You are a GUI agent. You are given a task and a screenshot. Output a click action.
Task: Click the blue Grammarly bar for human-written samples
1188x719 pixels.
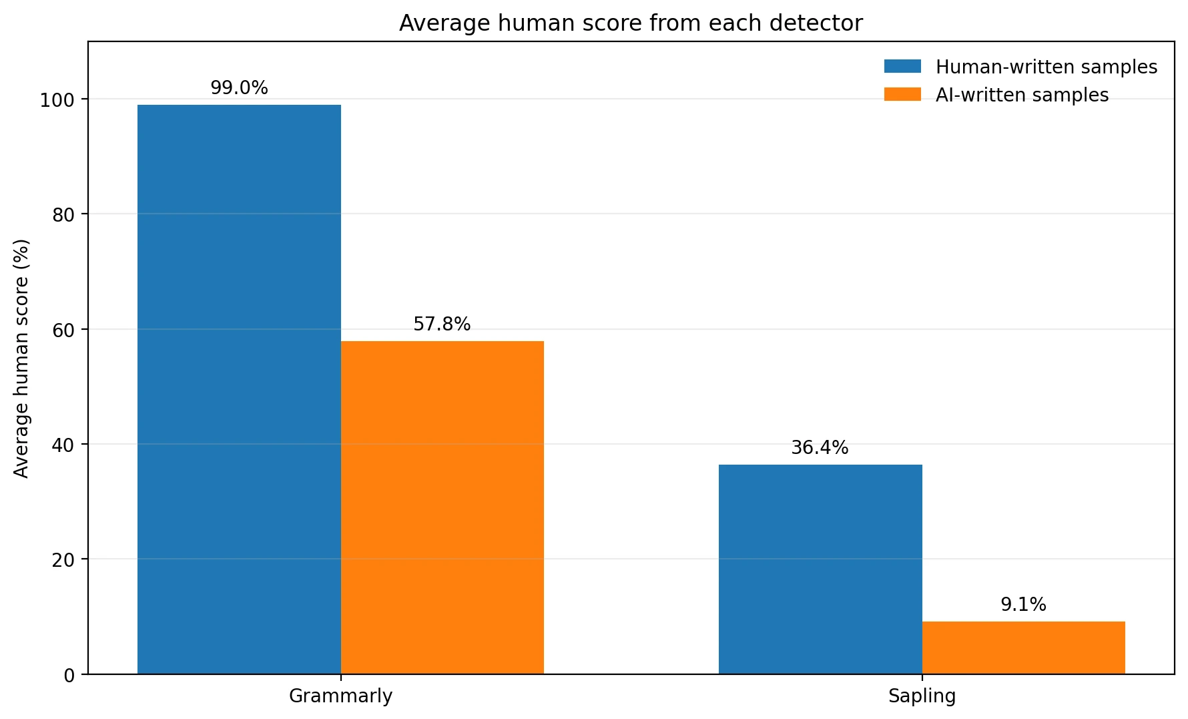pos(239,389)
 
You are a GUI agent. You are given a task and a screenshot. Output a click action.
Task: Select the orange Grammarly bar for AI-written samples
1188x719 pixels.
pos(442,507)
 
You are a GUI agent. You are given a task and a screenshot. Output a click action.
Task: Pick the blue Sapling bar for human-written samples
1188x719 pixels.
pos(820,569)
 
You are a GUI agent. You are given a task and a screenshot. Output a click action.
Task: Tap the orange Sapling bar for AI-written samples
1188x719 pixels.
pos(1023,648)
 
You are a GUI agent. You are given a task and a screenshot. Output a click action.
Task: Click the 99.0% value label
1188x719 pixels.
pos(239,88)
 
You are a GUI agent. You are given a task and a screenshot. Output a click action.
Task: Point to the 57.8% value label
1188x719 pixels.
pos(442,324)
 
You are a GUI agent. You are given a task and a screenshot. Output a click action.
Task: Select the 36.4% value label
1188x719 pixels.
pos(820,448)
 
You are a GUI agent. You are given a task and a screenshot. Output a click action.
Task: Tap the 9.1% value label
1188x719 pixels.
pos(1023,605)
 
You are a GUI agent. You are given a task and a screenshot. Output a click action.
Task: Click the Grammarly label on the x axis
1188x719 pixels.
pos(340,696)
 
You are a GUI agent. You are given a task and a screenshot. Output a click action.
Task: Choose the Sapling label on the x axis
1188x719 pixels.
pos(922,696)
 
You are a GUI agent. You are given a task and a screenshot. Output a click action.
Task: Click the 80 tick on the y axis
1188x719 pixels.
pos(63,215)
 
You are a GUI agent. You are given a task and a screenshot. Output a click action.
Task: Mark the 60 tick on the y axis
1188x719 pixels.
pos(63,330)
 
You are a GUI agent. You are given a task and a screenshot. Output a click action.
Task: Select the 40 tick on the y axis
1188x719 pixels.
pos(63,445)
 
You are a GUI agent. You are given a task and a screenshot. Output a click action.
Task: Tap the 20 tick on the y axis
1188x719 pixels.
pos(63,559)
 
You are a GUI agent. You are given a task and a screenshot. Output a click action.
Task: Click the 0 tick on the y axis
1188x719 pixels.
pos(69,675)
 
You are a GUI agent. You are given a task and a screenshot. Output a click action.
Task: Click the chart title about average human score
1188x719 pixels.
pos(631,23)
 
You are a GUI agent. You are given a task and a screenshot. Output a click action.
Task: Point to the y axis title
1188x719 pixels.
pos(21,358)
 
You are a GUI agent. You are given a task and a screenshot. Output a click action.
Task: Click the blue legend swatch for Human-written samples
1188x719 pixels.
pos(902,66)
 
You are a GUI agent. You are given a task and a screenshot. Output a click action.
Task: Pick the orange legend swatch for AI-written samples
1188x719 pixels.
pos(902,94)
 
